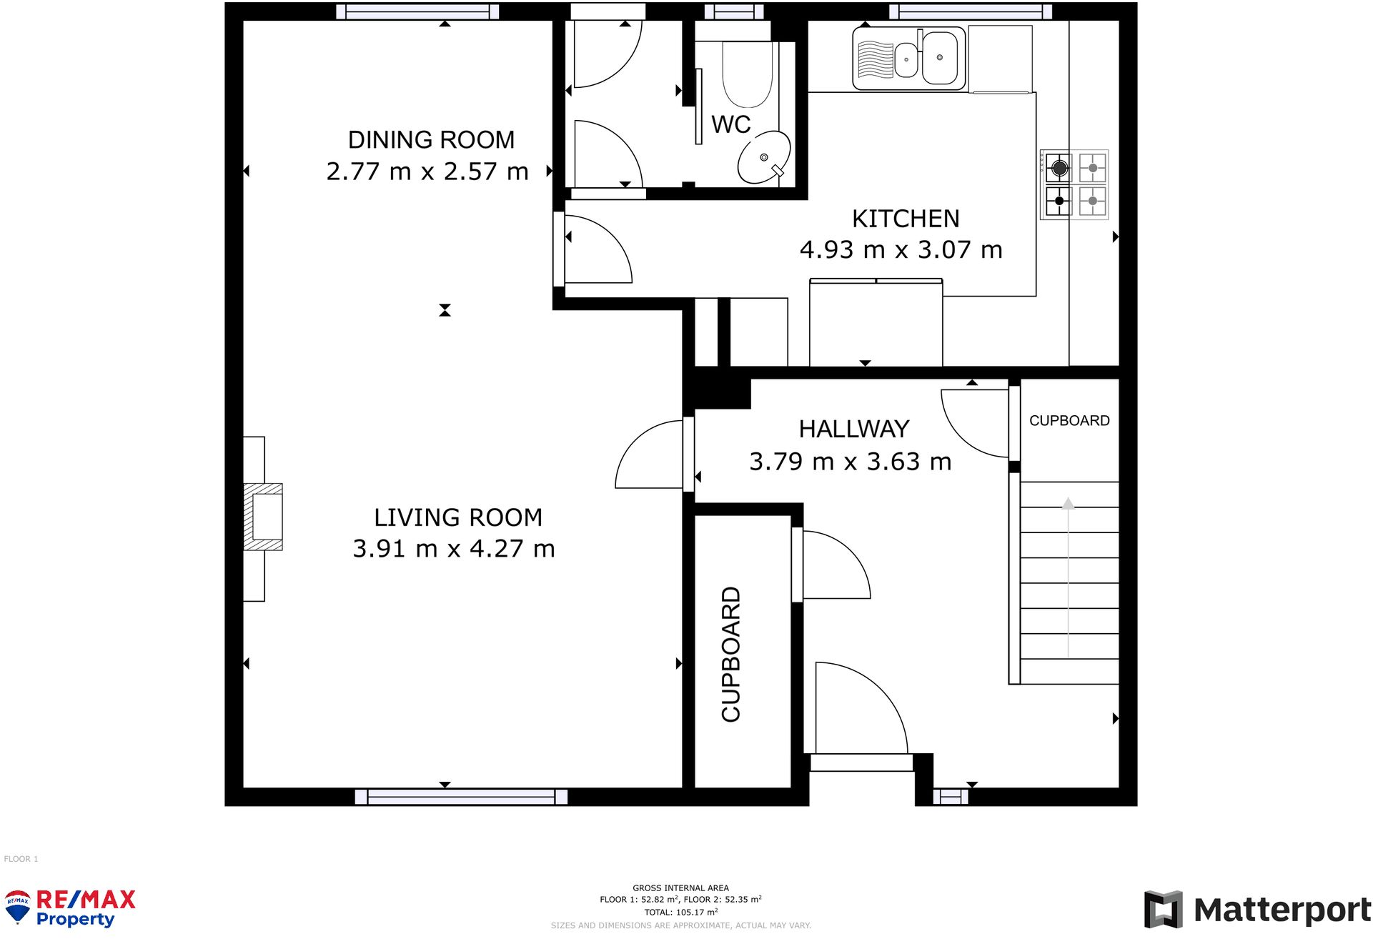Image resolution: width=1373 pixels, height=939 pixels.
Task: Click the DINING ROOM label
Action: click(431, 140)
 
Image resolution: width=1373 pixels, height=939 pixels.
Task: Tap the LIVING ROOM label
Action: click(458, 517)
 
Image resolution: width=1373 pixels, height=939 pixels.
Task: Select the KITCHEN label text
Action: click(906, 219)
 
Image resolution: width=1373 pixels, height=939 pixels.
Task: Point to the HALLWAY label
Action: click(854, 429)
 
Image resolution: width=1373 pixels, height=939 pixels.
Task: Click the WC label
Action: click(730, 124)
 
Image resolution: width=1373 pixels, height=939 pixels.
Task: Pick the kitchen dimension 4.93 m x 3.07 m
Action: click(901, 250)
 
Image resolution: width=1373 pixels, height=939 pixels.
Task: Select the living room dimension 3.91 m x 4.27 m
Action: click(454, 549)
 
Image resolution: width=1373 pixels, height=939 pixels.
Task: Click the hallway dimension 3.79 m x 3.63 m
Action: click(851, 462)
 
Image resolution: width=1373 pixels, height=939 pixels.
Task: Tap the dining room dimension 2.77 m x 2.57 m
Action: click(427, 172)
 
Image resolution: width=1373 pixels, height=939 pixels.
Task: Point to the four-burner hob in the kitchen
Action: click(1074, 184)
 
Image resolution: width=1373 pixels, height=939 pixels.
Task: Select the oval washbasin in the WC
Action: click(764, 157)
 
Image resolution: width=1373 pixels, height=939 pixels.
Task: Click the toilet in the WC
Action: click(746, 75)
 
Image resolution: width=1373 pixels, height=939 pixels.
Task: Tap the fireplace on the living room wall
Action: click(263, 517)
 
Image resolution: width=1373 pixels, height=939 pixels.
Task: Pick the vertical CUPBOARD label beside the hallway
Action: click(730, 655)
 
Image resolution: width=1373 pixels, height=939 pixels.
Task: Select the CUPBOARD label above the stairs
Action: click(1069, 421)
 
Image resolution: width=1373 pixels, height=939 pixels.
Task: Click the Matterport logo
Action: click(1257, 910)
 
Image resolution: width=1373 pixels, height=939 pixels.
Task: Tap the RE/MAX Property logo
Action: click(69, 908)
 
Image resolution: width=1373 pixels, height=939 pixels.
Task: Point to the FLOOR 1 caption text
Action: click(21, 859)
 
